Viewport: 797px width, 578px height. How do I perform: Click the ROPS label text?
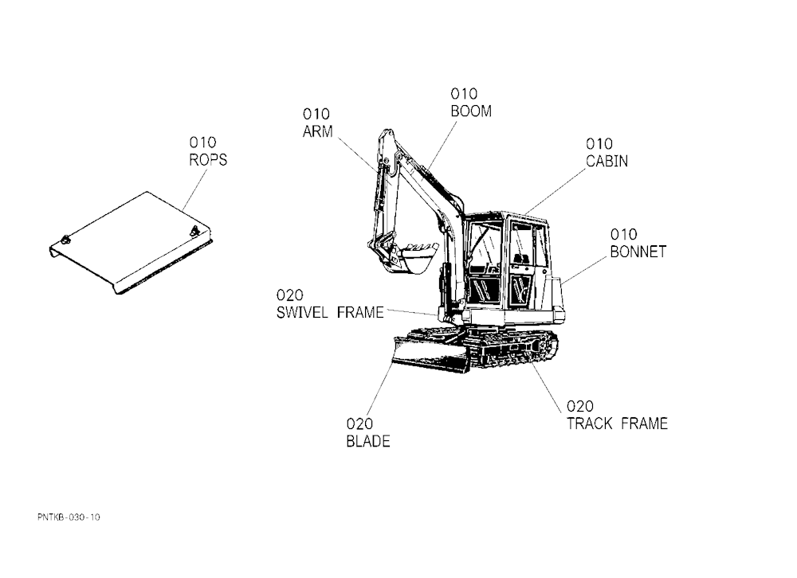(x=208, y=160)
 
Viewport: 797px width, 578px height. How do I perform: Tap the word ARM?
(x=318, y=131)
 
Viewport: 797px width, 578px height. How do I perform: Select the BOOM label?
(x=471, y=111)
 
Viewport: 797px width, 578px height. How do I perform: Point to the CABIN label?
(x=607, y=161)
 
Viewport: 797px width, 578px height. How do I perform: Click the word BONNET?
(x=638, y=252)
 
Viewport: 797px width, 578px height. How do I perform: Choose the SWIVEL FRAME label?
(x=330, y=312)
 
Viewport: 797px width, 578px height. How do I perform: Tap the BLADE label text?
(x=368, y=441)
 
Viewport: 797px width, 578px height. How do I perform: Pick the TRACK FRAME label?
(x=617, y=424)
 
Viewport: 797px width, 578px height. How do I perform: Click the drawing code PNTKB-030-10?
(x=69, y=517)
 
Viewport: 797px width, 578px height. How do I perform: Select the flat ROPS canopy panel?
(x=131, y=243)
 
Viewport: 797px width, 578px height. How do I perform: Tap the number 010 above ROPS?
(x=202, y=143)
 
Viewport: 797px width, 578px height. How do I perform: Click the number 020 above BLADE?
(x=359, y=424)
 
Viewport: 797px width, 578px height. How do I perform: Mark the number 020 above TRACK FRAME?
(x=580, y=406)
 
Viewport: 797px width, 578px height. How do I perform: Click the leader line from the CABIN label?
(x=555, y=191)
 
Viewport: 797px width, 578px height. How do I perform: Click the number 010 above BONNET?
(x=624, y=235)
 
